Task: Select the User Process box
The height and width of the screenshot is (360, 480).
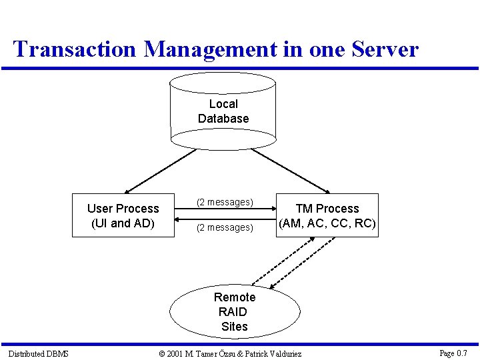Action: [x=123, y=215]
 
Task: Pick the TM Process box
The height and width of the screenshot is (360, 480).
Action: [x=327, y=215]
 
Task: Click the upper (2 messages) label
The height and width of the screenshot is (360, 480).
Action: [x=224, y=202]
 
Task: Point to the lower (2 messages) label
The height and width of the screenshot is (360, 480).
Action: [x=224, y=228]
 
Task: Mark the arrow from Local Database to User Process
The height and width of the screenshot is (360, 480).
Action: [x=160, y=171]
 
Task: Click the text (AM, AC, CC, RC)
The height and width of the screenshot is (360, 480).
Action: [x=327, y=223]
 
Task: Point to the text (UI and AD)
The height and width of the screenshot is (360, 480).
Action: [x=123, y=223]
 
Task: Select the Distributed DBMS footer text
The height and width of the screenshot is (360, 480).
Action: [x=38, y=353]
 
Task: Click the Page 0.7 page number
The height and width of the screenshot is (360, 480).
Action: [x=453, y=353]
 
